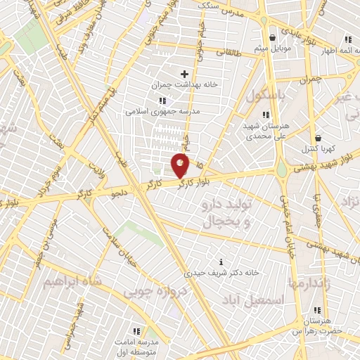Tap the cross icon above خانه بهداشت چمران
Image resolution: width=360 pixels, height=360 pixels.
coord(185,73)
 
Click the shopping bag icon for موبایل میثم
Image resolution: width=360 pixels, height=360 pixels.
coord(273,37)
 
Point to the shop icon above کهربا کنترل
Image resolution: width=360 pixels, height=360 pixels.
coord(319,138)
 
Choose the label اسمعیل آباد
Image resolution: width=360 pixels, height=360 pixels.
coord(260,300)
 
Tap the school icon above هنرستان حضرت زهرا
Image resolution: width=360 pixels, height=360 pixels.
coord(317,310)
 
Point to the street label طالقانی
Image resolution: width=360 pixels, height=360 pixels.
coord(230,51)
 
